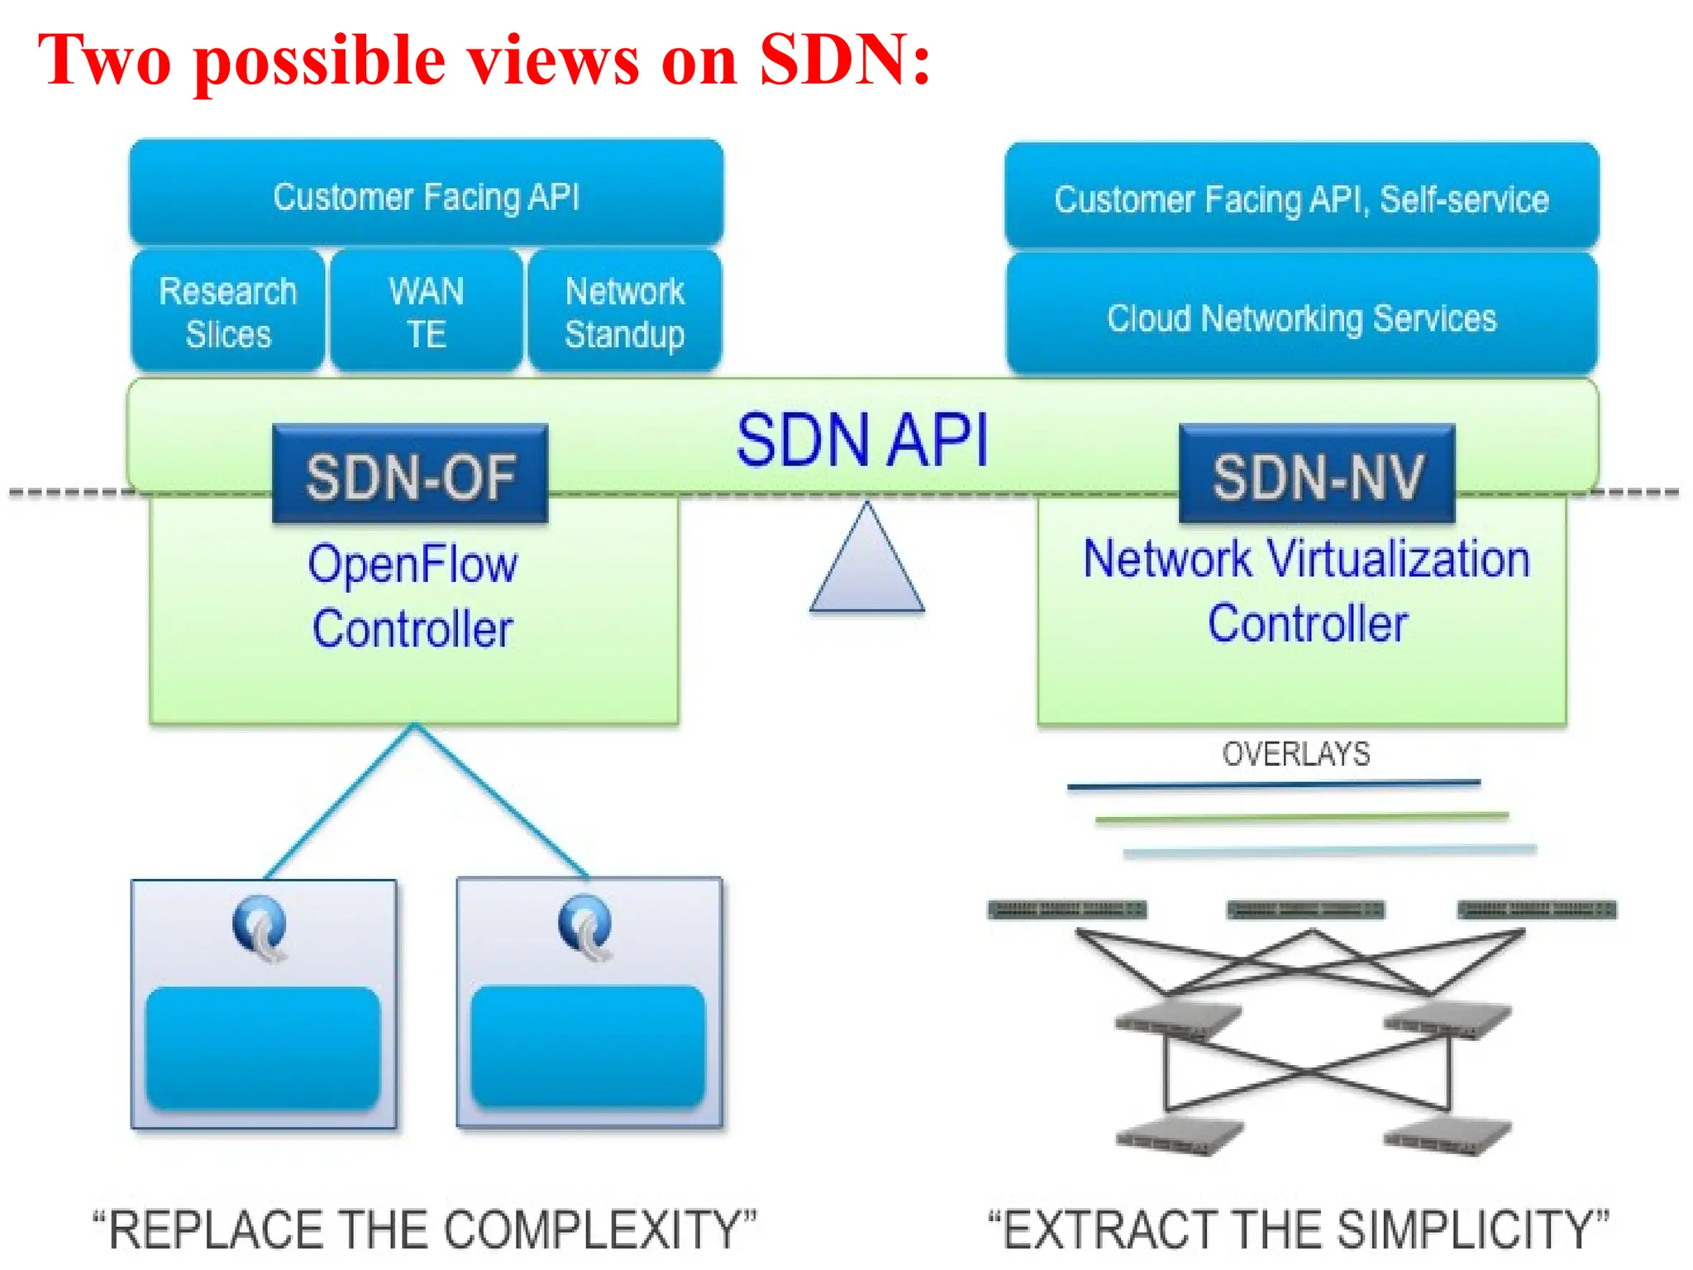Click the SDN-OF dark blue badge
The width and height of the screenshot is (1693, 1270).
point(410,475)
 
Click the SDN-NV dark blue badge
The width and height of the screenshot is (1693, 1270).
point(1317,475)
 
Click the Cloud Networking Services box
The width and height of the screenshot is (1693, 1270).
point(1302,317)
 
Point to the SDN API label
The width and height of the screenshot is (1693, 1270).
point(862,440)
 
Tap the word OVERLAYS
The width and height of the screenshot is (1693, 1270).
point(1295,754)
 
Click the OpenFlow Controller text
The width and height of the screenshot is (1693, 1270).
point(413,595)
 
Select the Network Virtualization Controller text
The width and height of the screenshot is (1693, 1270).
point(1306,590)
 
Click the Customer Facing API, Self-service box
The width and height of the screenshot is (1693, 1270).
point(1302,198)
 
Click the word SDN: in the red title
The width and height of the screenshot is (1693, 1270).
point(845,61)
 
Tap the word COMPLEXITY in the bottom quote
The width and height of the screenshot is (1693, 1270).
point(593,1229)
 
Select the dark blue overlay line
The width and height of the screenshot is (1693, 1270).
point(1273,784)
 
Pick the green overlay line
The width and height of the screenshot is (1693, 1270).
point(1302,818)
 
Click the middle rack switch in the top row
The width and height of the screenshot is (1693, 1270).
point(1305,910)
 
